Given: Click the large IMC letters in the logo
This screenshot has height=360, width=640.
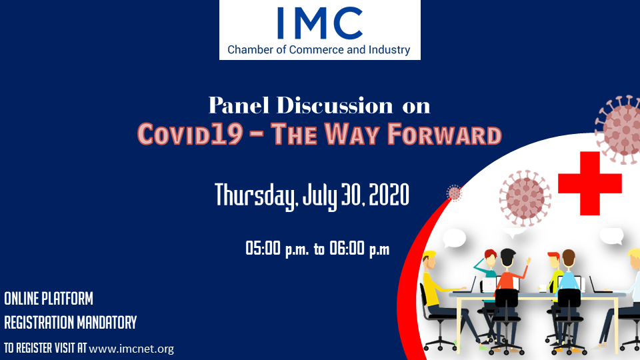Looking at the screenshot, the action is click(x=319, y=23).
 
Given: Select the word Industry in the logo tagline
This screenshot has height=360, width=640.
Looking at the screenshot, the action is click(x=389, y=50).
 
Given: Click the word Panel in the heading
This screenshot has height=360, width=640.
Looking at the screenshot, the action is click(x=239, y=105).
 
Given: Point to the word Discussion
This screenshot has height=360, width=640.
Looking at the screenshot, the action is click(x=335, y=105).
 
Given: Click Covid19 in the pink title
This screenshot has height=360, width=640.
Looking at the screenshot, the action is click(x=190, y=134).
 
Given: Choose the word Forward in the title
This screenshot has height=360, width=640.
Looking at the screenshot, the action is click(x=445, y=134).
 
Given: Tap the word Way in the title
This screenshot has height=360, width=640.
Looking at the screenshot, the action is click(x=352, y=134).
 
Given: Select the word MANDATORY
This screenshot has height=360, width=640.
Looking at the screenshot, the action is click(x=107, y=323).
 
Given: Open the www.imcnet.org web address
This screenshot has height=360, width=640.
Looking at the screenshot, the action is click(x=131, y=349).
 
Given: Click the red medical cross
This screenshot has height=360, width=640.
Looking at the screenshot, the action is click(x=590, y=183).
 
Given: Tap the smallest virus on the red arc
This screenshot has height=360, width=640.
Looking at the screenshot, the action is click(x=454, y=193).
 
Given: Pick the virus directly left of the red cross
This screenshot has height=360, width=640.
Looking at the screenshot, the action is click(x=525, y=198).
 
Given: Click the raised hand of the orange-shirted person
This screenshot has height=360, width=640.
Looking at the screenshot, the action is click(x=529, y=259).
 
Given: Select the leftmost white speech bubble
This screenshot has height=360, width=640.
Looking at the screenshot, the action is click(x=454, y=238).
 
